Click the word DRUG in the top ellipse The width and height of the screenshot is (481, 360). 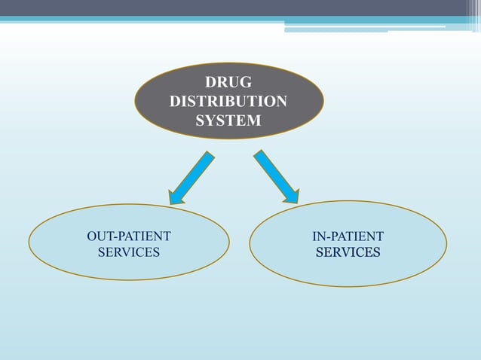228,82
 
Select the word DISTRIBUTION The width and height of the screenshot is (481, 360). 228,101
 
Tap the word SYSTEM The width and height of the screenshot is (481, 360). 228,120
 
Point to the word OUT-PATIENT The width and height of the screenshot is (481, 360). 129,236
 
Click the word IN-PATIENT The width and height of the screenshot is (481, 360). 348,236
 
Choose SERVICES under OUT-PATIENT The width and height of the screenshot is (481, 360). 129,252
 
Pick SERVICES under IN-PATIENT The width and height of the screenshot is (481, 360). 348,252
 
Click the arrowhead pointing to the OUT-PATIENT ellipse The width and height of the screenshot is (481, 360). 176,197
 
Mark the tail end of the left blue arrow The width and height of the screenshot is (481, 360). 208,155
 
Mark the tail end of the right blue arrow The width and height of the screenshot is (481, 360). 259,154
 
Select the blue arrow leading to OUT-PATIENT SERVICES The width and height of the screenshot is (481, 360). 191,177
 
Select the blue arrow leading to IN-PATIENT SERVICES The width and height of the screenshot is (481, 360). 275,175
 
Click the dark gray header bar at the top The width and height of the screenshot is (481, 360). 226,8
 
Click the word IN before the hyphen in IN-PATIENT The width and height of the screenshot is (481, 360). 318,236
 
